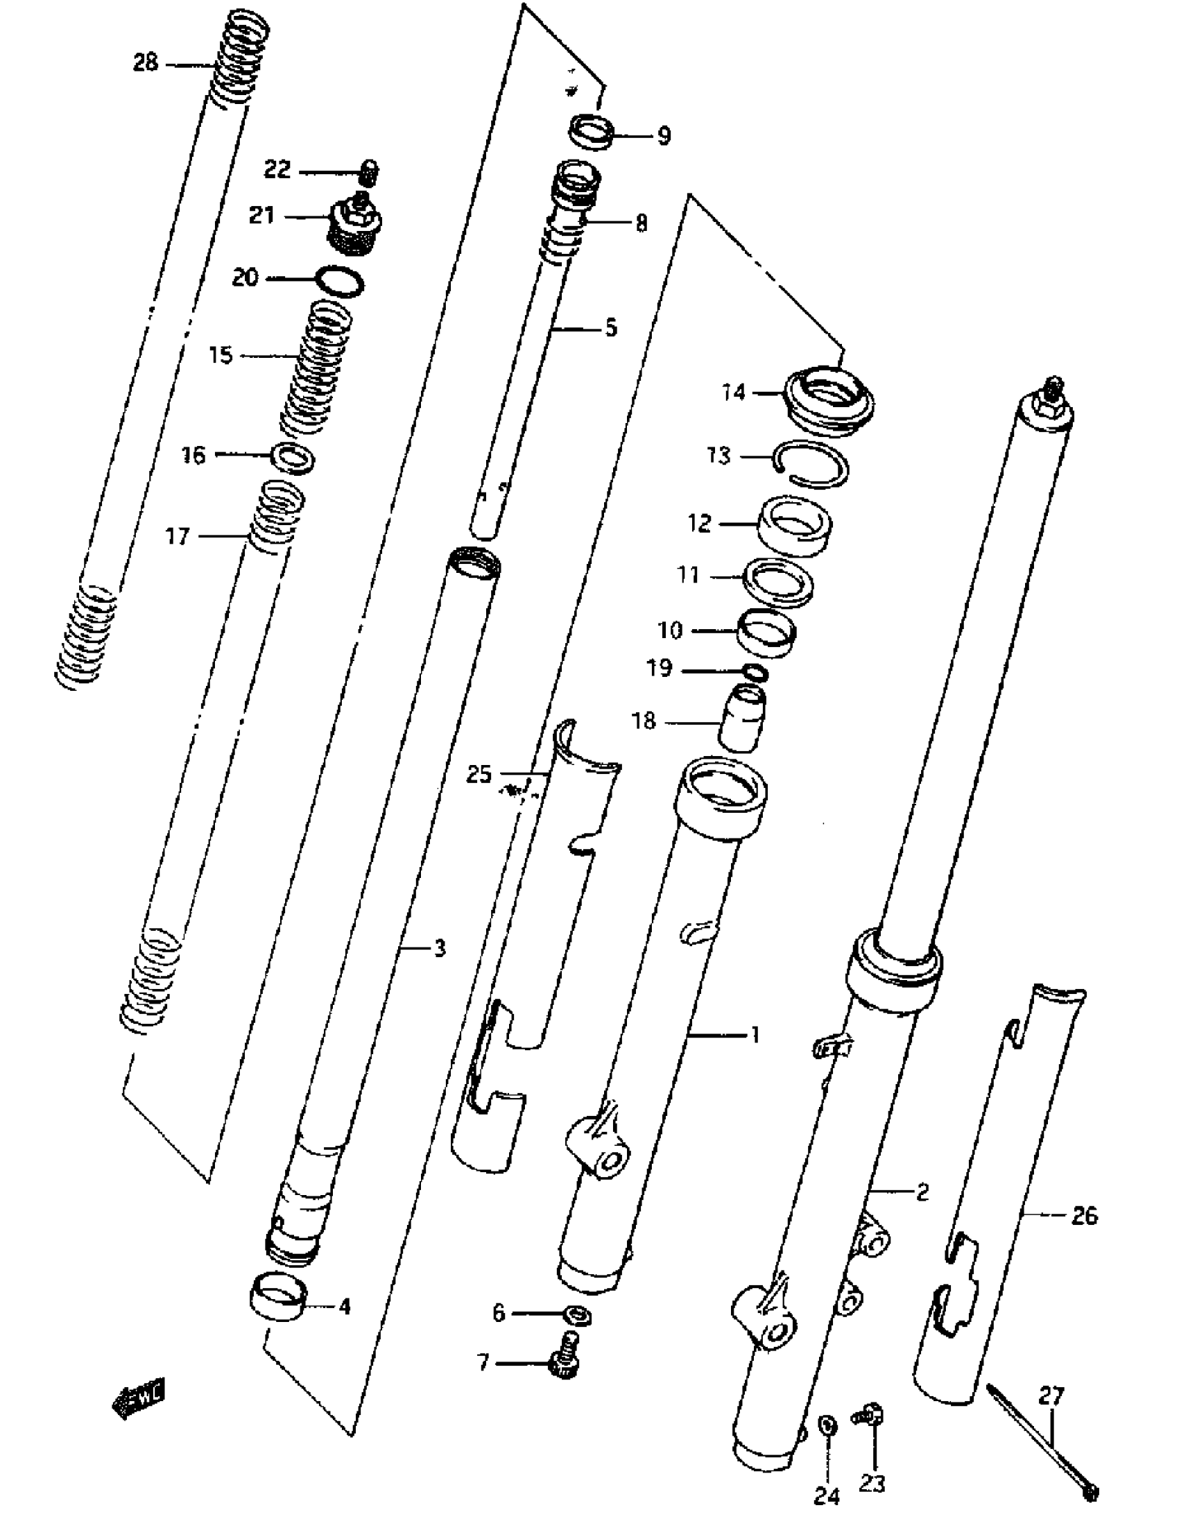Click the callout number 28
click(145, 63)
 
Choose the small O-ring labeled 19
click(755, 672)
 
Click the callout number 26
click(1083, 1216)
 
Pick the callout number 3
click(439, 949)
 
